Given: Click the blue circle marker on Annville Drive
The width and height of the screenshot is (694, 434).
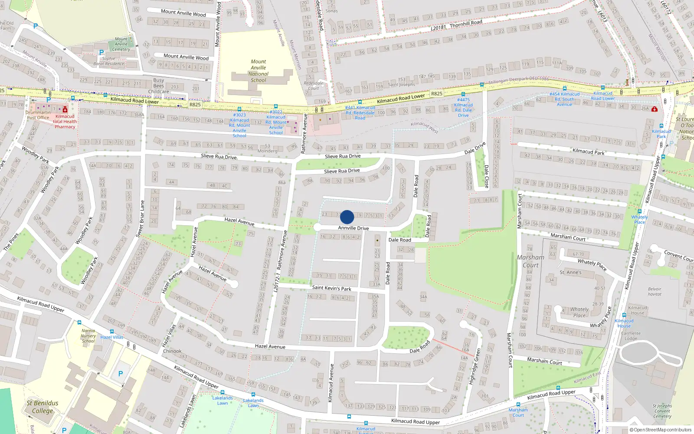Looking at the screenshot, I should pos(347,217).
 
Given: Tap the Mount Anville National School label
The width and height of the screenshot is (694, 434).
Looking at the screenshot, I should pos(258,71).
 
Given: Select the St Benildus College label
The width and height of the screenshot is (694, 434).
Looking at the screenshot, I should pos(42,407).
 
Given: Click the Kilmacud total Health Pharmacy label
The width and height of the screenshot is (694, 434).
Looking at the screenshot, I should pos(65,122).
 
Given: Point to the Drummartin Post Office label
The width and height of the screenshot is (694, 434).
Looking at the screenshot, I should pos(38,115).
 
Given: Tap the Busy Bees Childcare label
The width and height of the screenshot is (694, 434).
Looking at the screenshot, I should pos(159,86).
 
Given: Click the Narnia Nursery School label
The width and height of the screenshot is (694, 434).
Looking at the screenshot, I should pos(88,335).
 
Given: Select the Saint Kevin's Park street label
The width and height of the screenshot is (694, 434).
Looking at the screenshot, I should pos(331,288).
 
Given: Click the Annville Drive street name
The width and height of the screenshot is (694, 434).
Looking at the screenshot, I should pos(354,228).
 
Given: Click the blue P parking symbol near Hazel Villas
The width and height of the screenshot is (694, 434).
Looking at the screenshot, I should pos(121,374).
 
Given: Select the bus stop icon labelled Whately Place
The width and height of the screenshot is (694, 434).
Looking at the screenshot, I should pos(639,211).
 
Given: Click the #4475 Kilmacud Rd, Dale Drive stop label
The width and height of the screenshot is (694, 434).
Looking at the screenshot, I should pos(463,107).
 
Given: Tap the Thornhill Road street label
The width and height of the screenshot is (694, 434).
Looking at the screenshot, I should pos(466,23).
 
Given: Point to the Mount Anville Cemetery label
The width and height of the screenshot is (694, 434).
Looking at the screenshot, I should pos(121,44).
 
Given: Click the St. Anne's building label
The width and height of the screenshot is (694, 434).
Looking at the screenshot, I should pos(570,272).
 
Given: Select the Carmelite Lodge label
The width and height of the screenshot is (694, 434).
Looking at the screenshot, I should pos(631,336).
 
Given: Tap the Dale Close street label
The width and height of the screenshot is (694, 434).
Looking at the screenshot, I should pos(486,176).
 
